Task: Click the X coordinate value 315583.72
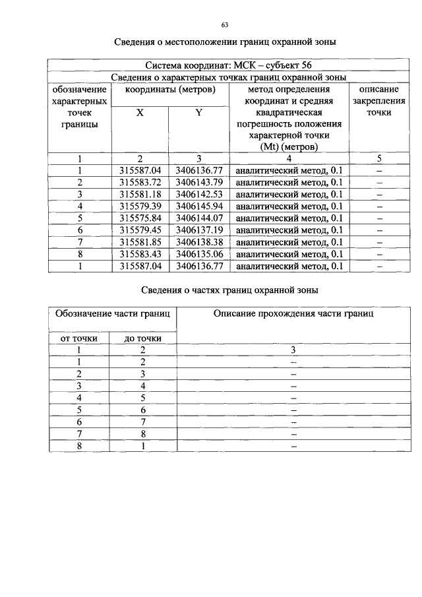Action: [140, 182]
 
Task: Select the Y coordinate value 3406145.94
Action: [199, 206]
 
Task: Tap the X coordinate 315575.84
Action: [140, 218]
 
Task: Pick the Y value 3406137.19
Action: [199, 230]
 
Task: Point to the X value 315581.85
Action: [140, 241]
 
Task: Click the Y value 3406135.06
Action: [199, 253]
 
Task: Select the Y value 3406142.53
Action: [199, 194]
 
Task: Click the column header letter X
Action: [140, 113]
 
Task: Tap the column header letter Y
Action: [198, 113]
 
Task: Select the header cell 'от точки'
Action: [79, 338]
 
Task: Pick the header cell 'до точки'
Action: [143, 338]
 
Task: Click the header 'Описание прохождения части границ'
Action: [293, 314]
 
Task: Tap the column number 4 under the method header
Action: [289, 158]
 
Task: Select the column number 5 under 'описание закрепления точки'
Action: [379, 158]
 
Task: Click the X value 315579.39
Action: [140, 206]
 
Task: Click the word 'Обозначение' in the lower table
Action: [82, 314]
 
